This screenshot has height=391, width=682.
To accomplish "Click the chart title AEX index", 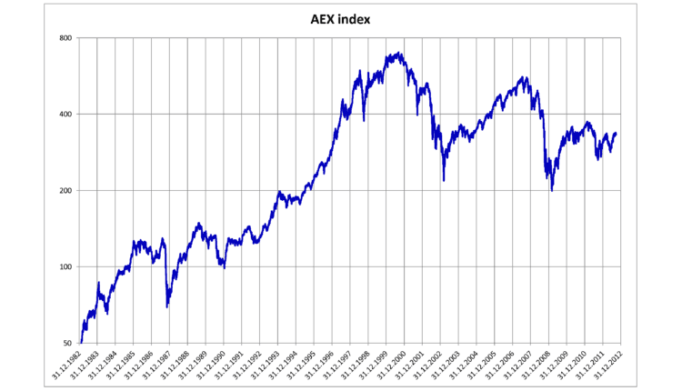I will tap(340, 17).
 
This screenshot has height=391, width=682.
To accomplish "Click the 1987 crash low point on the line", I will tap(166, 306).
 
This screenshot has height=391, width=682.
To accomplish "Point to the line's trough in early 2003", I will tap(444, 180).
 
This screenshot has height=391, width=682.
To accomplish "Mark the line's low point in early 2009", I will tap(552, 190).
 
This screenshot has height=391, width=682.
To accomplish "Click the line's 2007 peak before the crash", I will tap(523, 77).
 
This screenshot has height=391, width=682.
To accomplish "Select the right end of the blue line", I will tap(617, 134).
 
